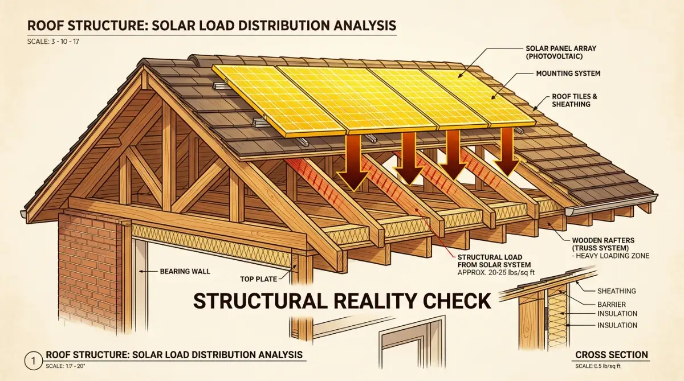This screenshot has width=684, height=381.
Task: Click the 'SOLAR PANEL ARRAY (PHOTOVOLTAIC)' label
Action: click(x=561, y=52)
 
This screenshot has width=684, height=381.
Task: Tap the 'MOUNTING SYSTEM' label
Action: click(x=568, y=73)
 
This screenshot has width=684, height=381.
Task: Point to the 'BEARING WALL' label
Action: click(x=185, y=271)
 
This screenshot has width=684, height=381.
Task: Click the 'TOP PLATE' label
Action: click(x=258, y=279)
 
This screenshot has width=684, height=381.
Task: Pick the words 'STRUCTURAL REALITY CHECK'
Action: click(x=343, y=301)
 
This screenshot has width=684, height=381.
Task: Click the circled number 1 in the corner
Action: click(x=33, y=361)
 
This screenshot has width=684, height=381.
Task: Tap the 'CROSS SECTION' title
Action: click(x=612, y=355)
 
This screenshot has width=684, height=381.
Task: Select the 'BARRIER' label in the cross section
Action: click(x=612, y=305)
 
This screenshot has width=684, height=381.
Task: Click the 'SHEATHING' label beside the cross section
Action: click(x=617, y=291)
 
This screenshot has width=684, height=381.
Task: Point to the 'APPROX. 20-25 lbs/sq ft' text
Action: click(x=496, y=273)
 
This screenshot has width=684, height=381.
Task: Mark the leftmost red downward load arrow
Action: click(x=353, y=162)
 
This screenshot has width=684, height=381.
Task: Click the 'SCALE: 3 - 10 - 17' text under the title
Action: click(x=53, y=42)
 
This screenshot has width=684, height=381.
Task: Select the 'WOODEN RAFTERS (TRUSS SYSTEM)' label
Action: click(x=603, y=244)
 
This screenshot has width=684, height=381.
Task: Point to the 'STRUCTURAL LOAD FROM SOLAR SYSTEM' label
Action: click(x=494, y=261)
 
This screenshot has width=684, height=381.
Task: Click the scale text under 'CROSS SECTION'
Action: click(x=598, y=366)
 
